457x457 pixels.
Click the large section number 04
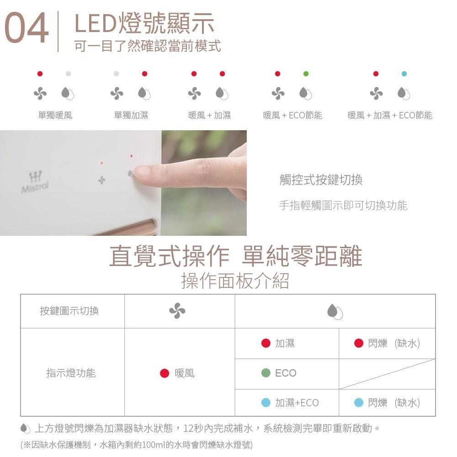click(26, 29)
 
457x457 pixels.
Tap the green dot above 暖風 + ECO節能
click(306, 74)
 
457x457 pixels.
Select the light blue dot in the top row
click(404, 74)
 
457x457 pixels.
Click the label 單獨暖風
click(55, 115)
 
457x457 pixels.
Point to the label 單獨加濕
click(131, 115)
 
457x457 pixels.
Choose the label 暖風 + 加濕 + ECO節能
click(389, 115)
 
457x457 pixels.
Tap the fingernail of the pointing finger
click(142, 171)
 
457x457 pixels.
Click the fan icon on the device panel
click(101, 181)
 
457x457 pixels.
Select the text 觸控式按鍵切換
click(321, 180)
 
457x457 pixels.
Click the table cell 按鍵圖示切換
click(69, 311)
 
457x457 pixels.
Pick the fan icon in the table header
click(177, 311)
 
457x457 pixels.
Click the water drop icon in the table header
click(335, 312)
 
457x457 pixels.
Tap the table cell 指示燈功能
click(71, 373)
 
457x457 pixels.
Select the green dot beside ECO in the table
click(266, 373)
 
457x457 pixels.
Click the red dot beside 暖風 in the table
click(165, 373)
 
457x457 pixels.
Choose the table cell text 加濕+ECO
click(297, 403)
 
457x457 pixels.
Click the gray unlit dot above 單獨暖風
click(68, 74)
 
